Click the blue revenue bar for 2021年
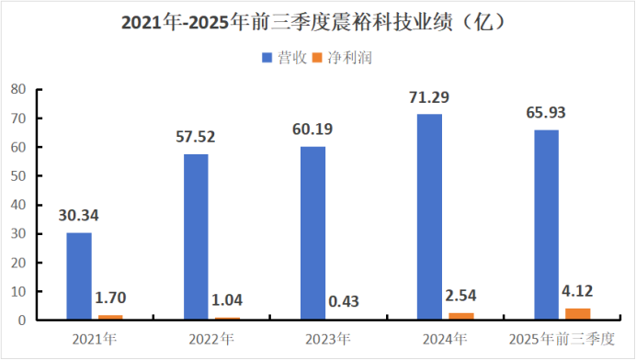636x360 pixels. [79, 276]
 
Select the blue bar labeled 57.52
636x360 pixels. [196, 237]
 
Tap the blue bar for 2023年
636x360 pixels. [312, 233]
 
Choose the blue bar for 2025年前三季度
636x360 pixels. [546, 225]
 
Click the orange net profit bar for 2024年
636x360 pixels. [461, 317]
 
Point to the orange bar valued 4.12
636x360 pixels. [578, 314]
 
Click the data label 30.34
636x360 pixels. [79, 216]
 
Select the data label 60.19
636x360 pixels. [312, 129]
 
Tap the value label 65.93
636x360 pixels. [546, 113]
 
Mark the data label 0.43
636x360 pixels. [345, 302]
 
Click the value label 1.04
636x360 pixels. [228, 300]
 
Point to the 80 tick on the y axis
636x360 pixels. [17, 89]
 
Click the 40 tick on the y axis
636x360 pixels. [17, 205]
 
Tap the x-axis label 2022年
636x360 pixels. [211, 338]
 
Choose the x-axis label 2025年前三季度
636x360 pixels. [562, 338]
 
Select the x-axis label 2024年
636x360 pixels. [445, 338]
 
